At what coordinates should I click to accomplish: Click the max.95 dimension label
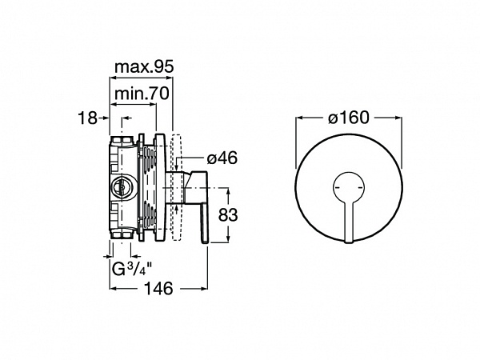[143, 67]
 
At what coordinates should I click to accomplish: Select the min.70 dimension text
[142, 94]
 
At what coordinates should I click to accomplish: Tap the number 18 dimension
[87, 118]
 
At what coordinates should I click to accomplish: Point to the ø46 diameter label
[222, 158]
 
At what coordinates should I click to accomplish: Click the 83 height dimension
[228, 214]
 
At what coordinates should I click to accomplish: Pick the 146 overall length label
[158, 288]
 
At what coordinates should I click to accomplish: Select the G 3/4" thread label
[132, 269]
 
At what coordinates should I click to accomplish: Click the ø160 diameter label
[349, 118]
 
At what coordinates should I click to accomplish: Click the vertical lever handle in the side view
[205, 223]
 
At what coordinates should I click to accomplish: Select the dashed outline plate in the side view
[177, 187]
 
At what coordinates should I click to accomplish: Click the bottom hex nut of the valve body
[122, 235]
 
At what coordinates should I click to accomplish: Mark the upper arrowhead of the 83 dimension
[228, 192]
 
